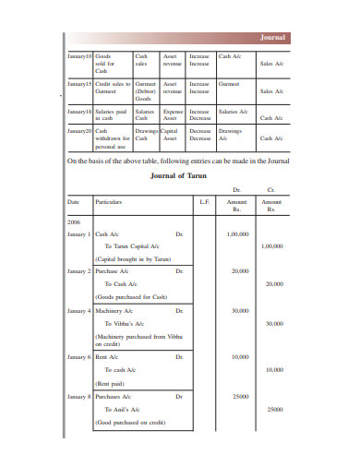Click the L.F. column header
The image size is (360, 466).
[x=204, y=201]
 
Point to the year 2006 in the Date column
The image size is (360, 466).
[x=75, y=222]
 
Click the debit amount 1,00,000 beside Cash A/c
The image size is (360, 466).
[x=237, y=234]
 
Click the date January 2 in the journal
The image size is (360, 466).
[x=80, y=272]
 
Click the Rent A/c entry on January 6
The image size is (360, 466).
[x=108, y=357]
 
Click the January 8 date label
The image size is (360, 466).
[x=80, y=396]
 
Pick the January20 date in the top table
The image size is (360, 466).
[x=80, y=131]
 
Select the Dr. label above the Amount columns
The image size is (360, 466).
[x=237, y=190]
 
